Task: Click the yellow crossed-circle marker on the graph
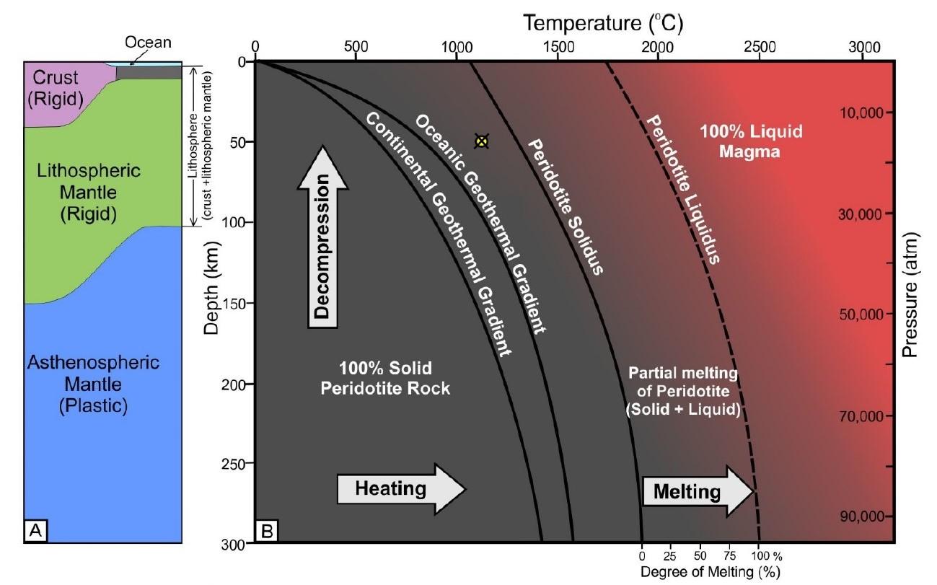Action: tap(481, 141)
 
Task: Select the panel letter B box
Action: tap(265, 532)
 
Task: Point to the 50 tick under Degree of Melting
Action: tap(699, 557)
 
